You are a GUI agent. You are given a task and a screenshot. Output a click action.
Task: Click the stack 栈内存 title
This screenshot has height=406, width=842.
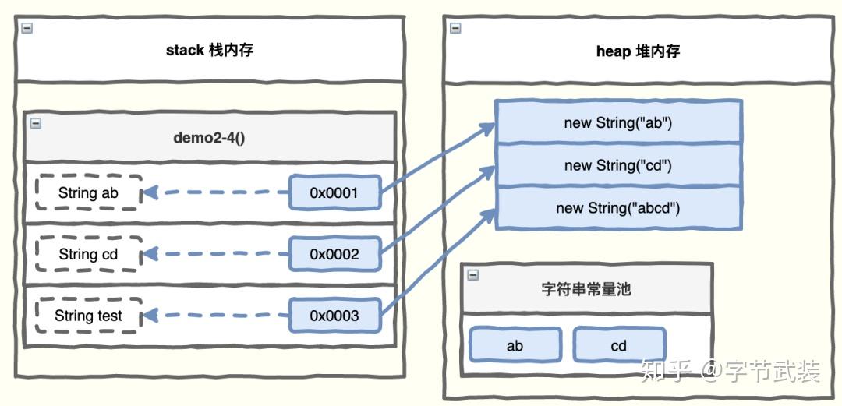tap(209, 51)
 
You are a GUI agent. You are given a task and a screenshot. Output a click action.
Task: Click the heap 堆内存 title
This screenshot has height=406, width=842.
tap(637, 51)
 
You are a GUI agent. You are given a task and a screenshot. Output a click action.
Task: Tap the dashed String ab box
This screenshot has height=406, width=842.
tap(88, 192)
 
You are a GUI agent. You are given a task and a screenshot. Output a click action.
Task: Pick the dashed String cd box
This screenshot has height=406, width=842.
tap(88, 254)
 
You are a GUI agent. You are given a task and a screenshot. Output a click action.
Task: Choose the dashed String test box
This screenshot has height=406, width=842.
tap(88, 316)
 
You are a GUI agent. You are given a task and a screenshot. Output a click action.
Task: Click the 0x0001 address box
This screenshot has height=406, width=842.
tap(334, 192)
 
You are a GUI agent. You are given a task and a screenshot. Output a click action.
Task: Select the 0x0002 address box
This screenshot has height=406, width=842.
tap(334, 254)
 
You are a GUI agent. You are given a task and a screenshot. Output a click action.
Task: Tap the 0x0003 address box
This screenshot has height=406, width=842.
tap(334, 316)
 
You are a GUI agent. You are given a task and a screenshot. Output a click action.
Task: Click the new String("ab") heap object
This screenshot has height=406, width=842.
tap(618, 122)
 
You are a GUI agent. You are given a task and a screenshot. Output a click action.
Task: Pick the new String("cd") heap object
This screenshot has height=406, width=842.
tap(618, 165)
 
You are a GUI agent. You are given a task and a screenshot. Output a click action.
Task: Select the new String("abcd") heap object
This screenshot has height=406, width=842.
tap(618, 208)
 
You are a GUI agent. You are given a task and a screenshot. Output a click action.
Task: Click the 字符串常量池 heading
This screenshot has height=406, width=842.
tap(586, 289)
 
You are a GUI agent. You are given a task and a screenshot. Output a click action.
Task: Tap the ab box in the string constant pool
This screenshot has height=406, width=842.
tap(515, 345)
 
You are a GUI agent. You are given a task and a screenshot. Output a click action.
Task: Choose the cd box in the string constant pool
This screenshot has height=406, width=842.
tap(619, 345)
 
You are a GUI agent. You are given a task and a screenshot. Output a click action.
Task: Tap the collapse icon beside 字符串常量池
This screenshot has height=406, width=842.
tap(473, 274)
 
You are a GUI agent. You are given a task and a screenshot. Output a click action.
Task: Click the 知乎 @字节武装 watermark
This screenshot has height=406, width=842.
tap(729, 372)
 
